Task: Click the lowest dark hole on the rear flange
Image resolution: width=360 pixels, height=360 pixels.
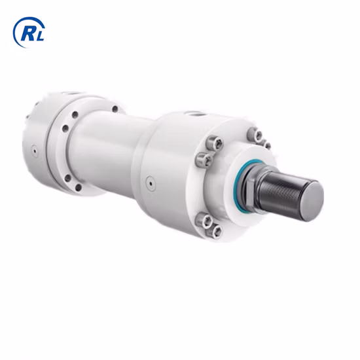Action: click(x=78, y=187)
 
